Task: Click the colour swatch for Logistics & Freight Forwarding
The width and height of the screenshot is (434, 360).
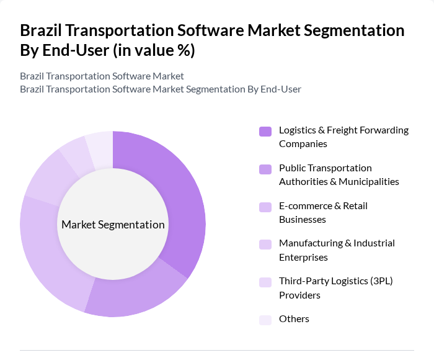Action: (x=265, y=131)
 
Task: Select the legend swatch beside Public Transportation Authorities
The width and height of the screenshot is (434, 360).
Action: (x=265, y=169)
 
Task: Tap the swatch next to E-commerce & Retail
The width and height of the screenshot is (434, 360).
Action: (x=265, y=207)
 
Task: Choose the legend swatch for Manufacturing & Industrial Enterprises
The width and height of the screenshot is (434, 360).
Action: (x=265, y=244)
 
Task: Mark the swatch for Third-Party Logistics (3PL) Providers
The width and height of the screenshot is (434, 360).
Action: (x=265, y=282)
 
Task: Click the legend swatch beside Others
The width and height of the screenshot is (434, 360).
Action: (x=265, y=320)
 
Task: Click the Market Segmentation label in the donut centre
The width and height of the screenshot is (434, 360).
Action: (x=113, y=224)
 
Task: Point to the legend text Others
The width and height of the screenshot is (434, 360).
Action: (x=294, y=319)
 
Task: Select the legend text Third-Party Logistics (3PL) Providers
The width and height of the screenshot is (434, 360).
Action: (x=335, y=288)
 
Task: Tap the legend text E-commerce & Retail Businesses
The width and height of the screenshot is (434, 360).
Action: (x=323, y=212)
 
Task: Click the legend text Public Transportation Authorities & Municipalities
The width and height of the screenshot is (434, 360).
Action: (x=339, y=175)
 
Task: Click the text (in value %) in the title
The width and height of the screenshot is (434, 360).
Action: (x=153, y=50)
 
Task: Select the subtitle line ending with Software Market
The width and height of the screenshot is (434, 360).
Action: (x=102, y=76)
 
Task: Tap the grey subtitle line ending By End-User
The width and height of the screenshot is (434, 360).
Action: (x=161, y=89)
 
